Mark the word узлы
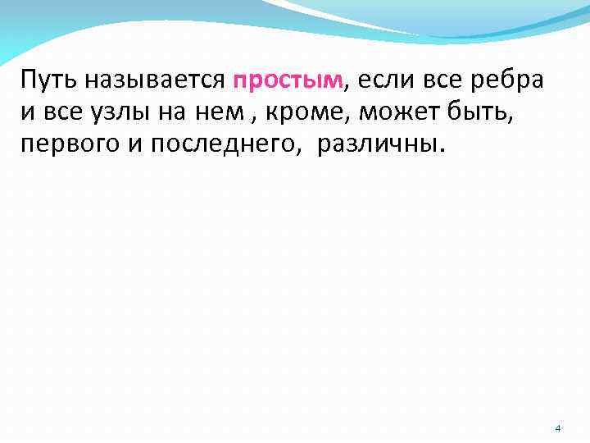(x=120, y=112)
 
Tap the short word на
(x=176, y=112)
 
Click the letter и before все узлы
(x=28, y=112)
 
